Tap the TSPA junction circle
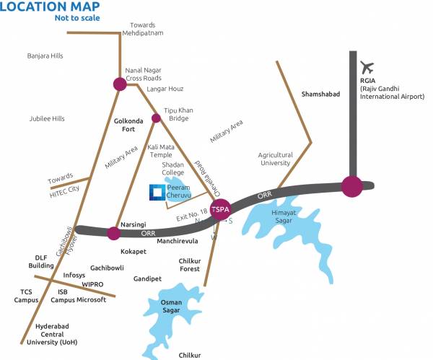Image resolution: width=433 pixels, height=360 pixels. coord(222,208)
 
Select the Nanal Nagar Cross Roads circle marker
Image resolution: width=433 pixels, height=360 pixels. coord(120,84)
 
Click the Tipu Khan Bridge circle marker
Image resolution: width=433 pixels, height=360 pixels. coord(155,118)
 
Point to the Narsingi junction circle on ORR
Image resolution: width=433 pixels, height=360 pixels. coord(113,232)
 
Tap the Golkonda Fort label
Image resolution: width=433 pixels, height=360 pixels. coord(131,127)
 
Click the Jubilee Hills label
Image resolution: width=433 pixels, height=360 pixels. coord(47,118)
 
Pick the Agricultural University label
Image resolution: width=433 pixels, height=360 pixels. coord(275,159)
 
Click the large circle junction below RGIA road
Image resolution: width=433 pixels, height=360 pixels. coord(351,186)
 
